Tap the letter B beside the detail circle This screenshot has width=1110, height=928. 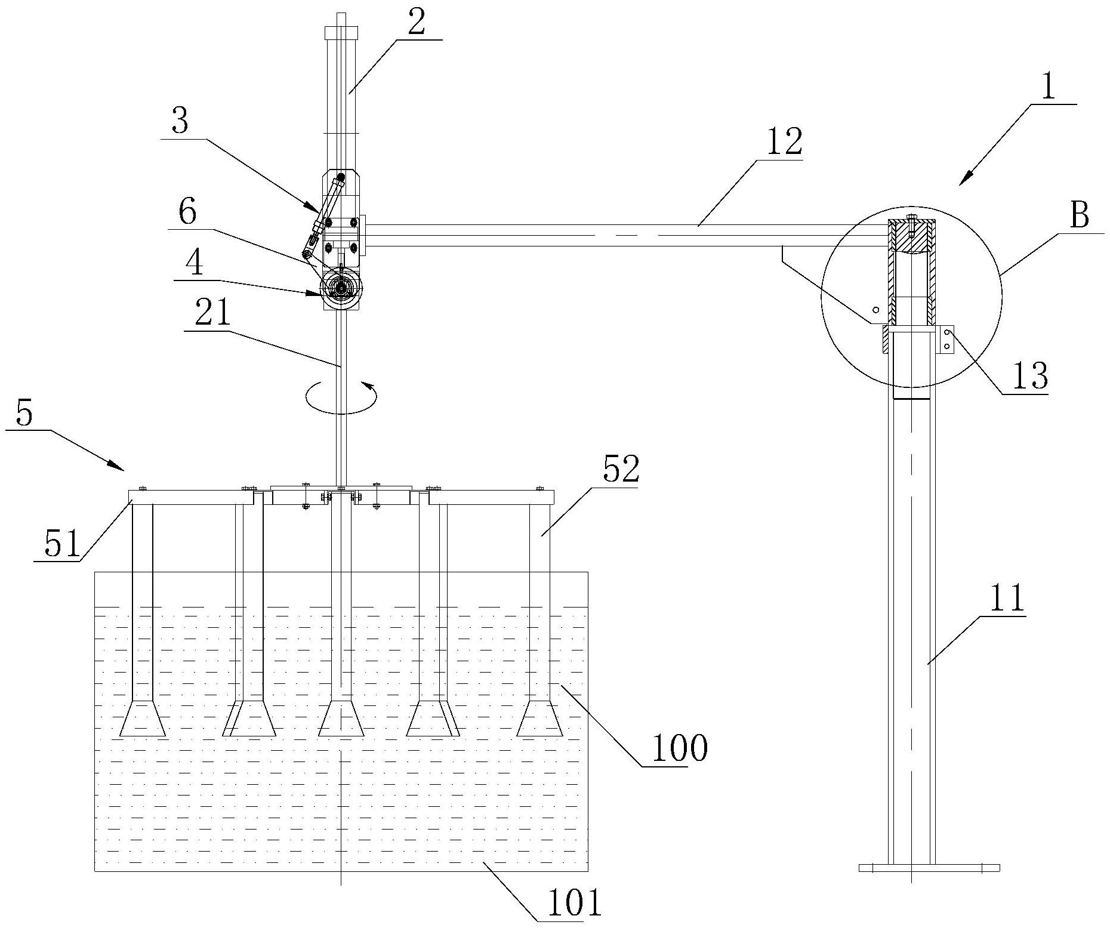(x=1079, y=215)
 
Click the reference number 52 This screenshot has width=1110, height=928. (x=621, y=470)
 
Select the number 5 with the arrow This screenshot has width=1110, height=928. (x=24, y=412)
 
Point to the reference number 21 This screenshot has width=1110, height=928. (x=213, y=312)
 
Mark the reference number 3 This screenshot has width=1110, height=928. (x=179, y=122)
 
